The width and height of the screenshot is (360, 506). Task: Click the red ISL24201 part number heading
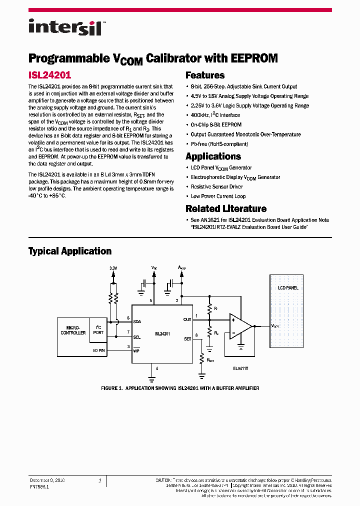(x=49, y=75)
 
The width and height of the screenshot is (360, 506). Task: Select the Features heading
(x=205, y=75)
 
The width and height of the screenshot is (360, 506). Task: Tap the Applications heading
(x=213, y=156)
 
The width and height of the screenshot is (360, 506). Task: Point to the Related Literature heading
(x=226, y=208)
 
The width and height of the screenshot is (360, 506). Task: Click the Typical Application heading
(x=69, y=251)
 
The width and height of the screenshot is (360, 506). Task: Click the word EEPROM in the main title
(x=254, y=58)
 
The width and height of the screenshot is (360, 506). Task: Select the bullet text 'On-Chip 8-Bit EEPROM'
(x=216, y=125)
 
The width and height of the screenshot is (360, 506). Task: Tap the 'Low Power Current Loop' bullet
(x=218, y=196)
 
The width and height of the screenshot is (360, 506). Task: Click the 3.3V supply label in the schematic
(x=113, y=268)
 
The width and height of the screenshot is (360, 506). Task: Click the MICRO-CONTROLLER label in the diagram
(x=73, y=330)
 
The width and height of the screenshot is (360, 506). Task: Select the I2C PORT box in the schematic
(x=98, y=330)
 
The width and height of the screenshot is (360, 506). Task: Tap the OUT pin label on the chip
(x=187, y=319)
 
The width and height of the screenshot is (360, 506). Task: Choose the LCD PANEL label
(x=288, y=288)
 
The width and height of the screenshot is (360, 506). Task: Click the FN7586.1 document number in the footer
(x=40, y=486)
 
